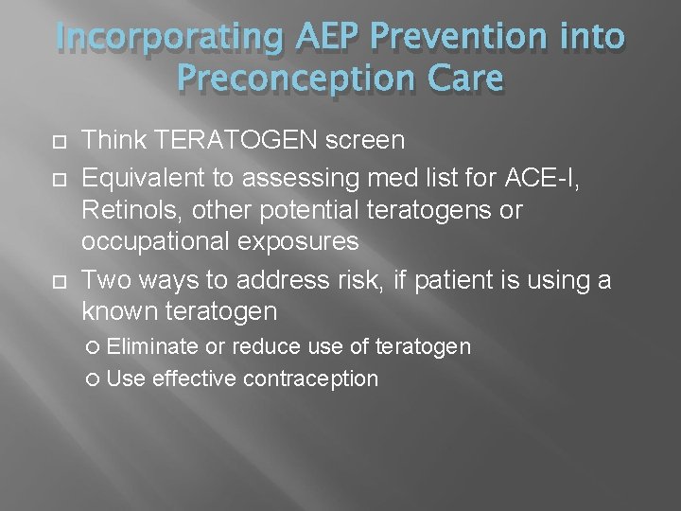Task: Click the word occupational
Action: pos(150,241)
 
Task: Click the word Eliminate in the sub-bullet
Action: pos(152,347)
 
